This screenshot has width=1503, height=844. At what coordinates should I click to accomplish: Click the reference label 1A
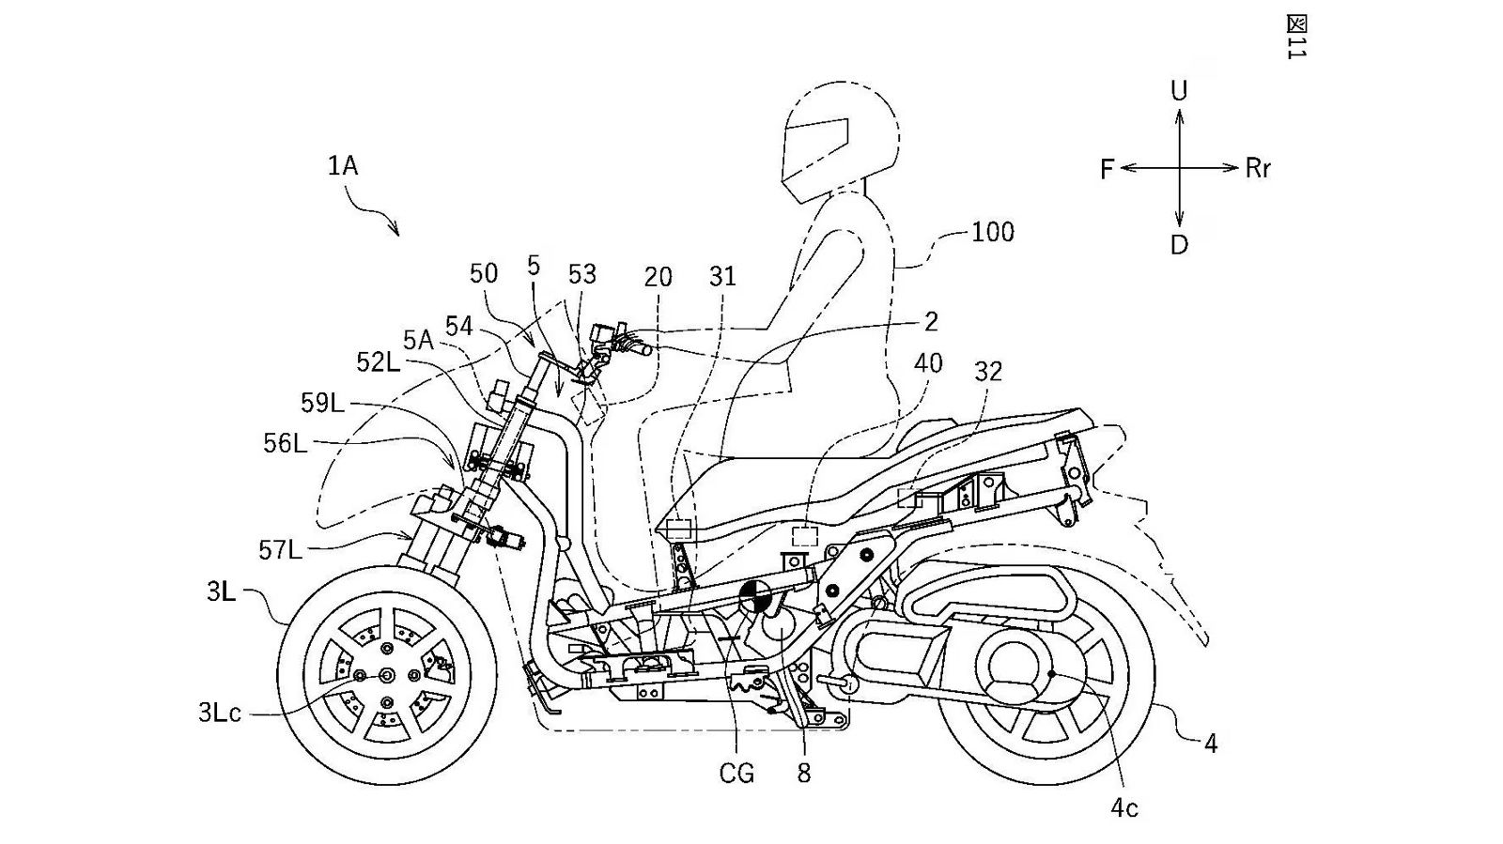tap(343, 167)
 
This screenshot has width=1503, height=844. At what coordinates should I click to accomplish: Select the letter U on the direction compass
tap(1179, 90)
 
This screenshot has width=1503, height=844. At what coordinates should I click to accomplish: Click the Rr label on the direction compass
tap(1258, 169)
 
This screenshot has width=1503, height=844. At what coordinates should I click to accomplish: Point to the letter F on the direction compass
tap(1107, 169)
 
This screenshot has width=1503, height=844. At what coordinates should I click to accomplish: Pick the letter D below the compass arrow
tap(1179, 245)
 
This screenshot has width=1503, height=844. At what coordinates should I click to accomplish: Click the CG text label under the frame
tap(736, 775)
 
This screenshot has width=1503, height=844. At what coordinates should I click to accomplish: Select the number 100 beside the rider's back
tap(993, 232)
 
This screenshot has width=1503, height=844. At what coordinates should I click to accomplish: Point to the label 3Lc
tap(220, 713)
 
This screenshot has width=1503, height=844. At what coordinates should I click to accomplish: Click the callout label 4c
tap(1123, 807)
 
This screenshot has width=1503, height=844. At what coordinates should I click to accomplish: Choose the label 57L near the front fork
tap(282, 549)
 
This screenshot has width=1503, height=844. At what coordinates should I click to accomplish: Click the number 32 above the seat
tap(988, 372)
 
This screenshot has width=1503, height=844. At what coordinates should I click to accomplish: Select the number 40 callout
tap(927, 362)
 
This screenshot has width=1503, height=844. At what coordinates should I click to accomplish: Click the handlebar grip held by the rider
tap(633, 349)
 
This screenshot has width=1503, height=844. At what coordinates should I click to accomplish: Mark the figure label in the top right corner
tap(1296, 38)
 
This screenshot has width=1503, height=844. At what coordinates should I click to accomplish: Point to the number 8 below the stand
tap(803, 774)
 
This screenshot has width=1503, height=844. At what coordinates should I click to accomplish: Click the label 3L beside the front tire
tap(222, 593)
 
